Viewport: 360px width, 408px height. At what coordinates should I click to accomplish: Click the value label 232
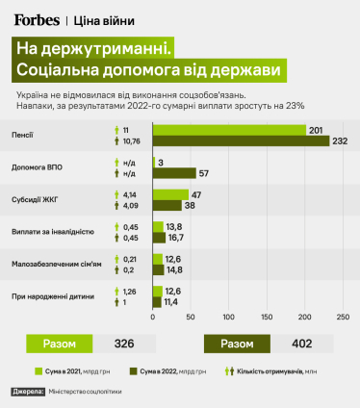[341, 140]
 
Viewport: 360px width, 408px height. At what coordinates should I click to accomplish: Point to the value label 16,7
[175, 239]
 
